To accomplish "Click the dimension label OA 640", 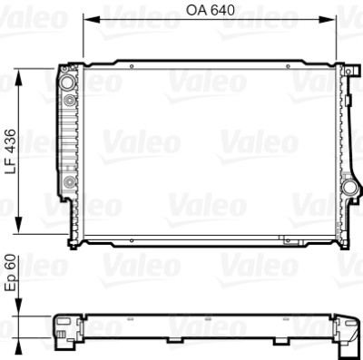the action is pyautogui.click(x=210, y=10).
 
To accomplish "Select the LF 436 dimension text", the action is pyautogui.click(x=11, y=151).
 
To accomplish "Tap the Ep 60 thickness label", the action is pyautogui.click(x=11, y=274).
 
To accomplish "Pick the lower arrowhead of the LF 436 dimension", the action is pyautogui.click(x=19, y=225).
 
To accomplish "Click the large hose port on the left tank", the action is pyautogui.click(x=67, y=83).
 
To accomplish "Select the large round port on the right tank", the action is pyautogui.click(x=349, y=188).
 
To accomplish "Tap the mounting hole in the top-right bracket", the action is pyautogui.click(x=348, y=72).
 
